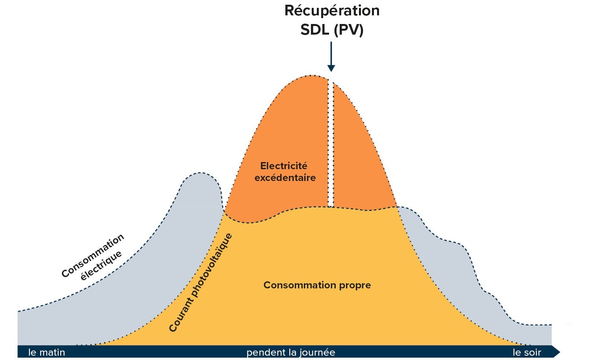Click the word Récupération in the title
332,11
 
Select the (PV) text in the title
348,30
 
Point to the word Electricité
283,166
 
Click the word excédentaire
285,178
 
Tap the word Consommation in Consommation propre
294,285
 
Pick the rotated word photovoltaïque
213,262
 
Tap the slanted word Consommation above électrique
92,256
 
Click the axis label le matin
46,352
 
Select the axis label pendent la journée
290,352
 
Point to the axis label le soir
527,352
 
